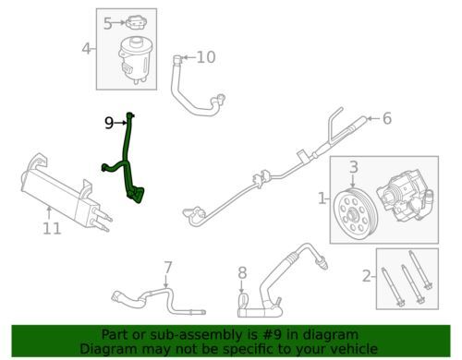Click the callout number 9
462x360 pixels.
pyautogui.click(x=109, y=123)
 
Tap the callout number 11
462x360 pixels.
pyautogui.click(x=52, y=228)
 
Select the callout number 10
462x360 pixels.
pyautogui.click(x=206, y=57)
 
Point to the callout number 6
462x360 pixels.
pyautogui.click(x=387, y=118)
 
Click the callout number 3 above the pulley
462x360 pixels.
pyautogui.click(x=354, y=167)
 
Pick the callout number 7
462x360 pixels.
pyautogui.click(x=167, y=268)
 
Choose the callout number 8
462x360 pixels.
pyautogui.click(x=243, y=273)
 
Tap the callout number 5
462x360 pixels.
pyautogui.click(x=107, y=23)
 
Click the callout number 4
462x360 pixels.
pyautogui.click(x=87, y=49)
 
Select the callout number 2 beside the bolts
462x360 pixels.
pyautogui.click(x=367, y=276)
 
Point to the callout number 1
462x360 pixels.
pyautogui.click(x=322, y=198)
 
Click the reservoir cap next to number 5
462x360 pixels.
pyautogui.click(x=137, y=23)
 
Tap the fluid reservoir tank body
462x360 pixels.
pyautogui.click(x=134, y=60)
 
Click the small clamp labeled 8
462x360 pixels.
pyautogui.click(x=243, y=300)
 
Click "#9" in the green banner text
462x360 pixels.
pyautogui.click(x=272, y=335)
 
